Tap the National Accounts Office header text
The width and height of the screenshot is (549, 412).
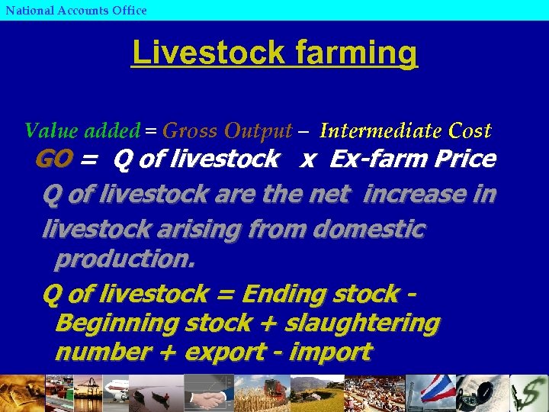(75, 10)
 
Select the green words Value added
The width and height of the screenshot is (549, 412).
(82, 130)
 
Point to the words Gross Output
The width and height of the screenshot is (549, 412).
(227, 131)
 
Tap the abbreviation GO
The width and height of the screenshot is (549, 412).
(54, 159)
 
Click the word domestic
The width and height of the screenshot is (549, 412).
(368, 229)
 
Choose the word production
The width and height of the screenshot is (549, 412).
(125, 259)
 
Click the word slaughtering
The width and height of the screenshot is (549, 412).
(362, 323)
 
